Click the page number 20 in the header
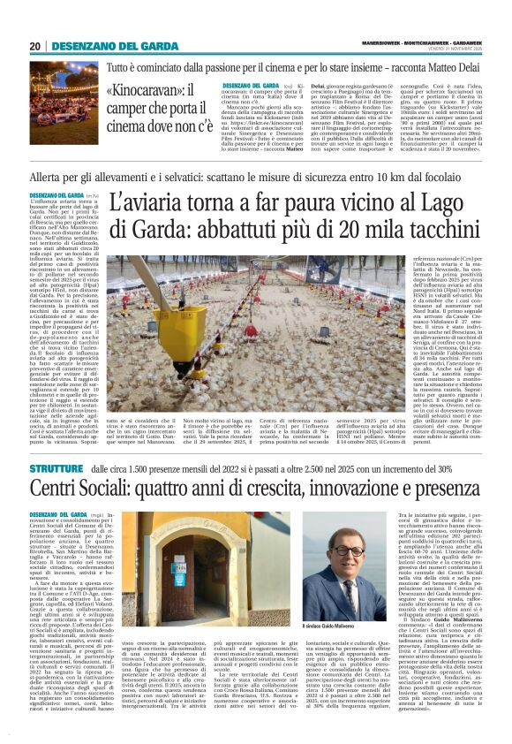[35, 47]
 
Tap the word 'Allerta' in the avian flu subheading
[49, 178]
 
